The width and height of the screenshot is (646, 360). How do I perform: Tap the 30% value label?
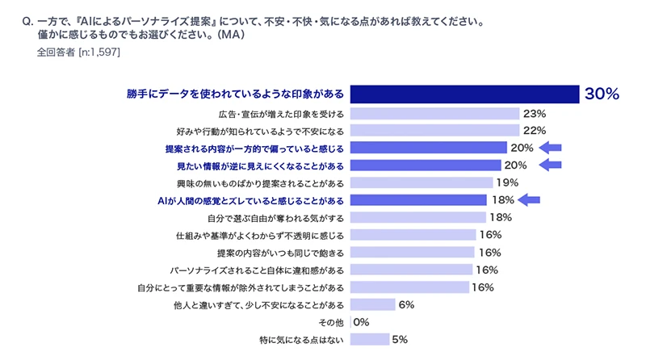(x=602, y=94)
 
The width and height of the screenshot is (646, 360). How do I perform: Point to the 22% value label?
(x=535, y=130)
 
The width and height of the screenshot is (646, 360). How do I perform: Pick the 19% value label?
(x=508, y=182)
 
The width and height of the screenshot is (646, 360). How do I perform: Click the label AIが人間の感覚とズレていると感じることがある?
(x=251, y=200)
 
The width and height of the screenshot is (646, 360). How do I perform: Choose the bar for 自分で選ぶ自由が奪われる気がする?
(x=418, y=217)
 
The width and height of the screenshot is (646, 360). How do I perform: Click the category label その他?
(x=333, y=322)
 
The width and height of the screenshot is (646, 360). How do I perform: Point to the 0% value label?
(x=361, y=322)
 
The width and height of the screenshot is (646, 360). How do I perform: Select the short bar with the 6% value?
(x=373, y=304)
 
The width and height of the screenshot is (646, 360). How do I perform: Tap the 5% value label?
(x=399, y=340)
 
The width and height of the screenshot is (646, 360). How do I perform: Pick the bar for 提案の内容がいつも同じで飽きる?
(x=413, y=252)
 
